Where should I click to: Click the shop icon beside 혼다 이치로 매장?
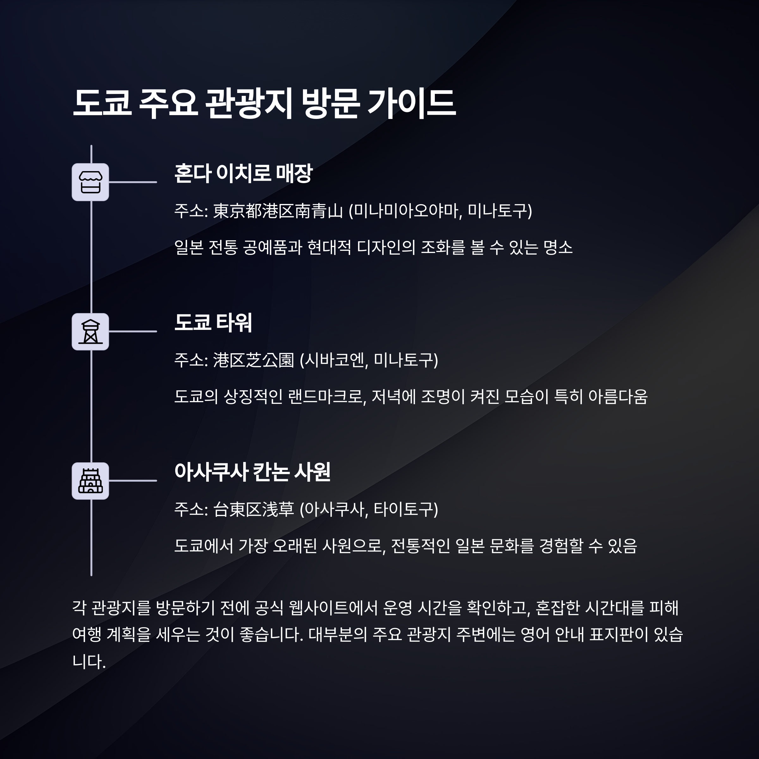tap(90, 182)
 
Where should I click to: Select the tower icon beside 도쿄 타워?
tap(90, 331)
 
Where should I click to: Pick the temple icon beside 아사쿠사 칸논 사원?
tap(90, 481)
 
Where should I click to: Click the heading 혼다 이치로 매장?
tap(243, 173)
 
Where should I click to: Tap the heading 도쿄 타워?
tap(213, 323)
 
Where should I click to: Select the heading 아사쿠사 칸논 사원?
tap(252, 472)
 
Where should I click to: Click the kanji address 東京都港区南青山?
tap(278, 211)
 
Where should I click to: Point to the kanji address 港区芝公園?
tap(253, 360)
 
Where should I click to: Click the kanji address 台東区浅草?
tap(253, 509)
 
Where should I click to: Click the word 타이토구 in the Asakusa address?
tap(404, 509)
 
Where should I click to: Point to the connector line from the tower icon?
tap(133, 331)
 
